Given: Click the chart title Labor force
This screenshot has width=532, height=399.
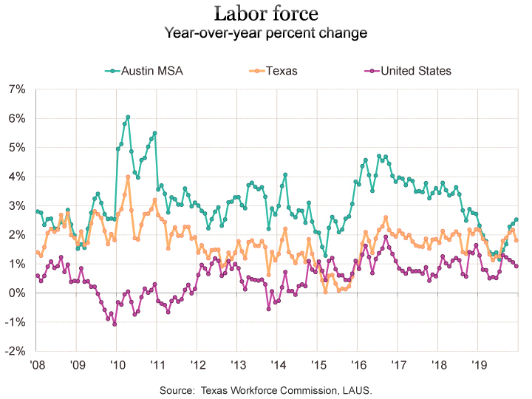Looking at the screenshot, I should (266, 13).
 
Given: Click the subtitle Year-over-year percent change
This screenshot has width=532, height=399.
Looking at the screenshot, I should (266, 33).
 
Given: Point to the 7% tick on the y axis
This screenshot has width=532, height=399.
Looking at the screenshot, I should (17, 89).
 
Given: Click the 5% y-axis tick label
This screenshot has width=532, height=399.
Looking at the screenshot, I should (17, 148).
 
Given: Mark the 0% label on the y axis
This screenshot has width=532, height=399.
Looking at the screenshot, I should (17, 293).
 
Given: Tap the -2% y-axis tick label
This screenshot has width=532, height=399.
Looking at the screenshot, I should (16, 352).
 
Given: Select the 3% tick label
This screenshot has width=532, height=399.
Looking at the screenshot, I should (17, 206).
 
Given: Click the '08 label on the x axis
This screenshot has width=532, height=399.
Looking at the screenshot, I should (36, 364).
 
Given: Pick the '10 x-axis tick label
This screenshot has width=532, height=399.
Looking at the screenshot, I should (116, 364).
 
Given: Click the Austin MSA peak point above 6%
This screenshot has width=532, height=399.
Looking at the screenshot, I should (128, 117).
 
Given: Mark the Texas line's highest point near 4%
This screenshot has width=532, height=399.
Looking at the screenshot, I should (128, 177).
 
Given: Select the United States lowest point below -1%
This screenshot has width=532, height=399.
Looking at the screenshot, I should (115, 324).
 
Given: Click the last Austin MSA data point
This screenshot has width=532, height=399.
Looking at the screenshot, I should (516, 219).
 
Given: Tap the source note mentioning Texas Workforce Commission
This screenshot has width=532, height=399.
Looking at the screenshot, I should (266, 389).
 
